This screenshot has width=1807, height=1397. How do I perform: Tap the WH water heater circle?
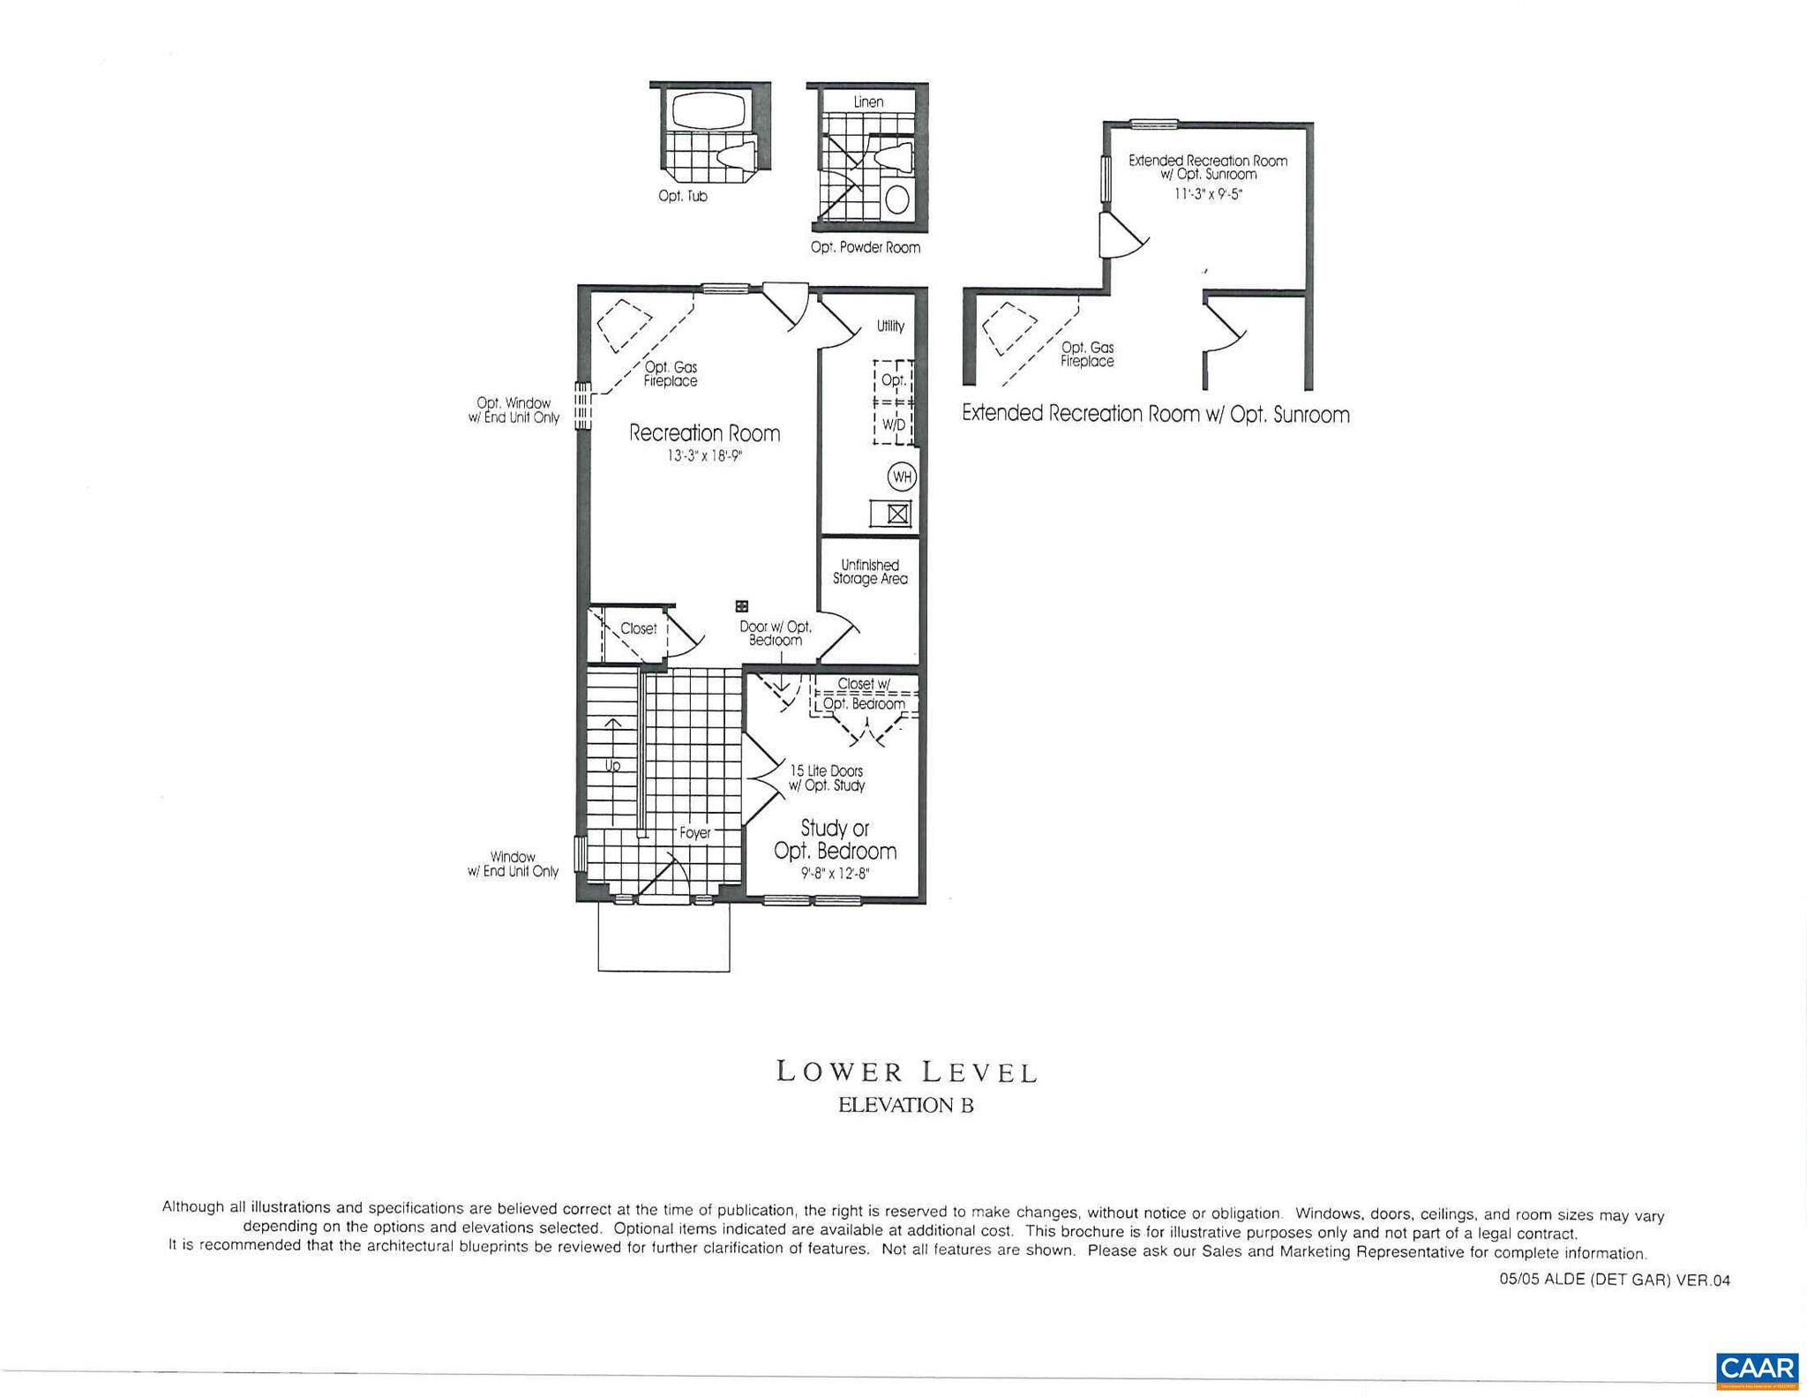point(902,477)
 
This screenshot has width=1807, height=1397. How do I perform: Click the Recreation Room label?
point(704,433)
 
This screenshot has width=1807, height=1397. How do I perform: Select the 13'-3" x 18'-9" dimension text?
point(704,456)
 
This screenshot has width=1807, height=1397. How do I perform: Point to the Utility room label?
point(890,326)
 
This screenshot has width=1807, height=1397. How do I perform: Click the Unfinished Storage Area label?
point(870,572)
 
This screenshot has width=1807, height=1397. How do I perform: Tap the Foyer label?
point(694,832)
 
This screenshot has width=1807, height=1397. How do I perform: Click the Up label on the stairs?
point(612,766)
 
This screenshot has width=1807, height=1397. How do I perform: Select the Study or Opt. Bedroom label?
point(835,839)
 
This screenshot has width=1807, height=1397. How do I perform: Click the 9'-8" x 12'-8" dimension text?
point(835,875)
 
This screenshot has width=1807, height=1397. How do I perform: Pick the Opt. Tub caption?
point(682,196)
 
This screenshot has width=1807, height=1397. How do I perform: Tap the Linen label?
point(868,102)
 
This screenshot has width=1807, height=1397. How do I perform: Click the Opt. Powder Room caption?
point(865,248)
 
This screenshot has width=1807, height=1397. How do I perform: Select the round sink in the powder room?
point(896,199)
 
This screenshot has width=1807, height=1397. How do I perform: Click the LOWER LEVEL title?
point(906,1072)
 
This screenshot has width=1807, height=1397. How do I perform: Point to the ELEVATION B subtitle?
point(906,1105)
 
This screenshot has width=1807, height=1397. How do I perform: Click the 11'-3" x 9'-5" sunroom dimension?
point(1208,194)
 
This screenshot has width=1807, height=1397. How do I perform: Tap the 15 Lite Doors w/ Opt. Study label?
point(827,778)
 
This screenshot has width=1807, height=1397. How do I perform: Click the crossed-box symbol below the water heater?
point(897,514)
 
